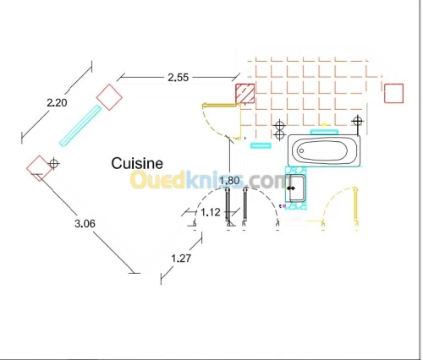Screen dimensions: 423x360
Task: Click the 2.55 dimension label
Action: pos(178,77)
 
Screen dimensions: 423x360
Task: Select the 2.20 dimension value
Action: pos(57,102)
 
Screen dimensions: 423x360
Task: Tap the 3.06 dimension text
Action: pos(85,224)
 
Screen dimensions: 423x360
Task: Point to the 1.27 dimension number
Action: pos(181,258)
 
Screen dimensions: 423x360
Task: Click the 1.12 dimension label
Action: pos(211,212)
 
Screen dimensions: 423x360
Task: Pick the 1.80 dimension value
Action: pos(229,180)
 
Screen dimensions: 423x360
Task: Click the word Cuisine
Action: pos(137,163)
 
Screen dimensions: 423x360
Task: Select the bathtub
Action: pos(324,150)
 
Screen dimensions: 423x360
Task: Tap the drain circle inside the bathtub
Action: pos(301,150)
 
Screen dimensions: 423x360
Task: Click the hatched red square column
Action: pos(245,93)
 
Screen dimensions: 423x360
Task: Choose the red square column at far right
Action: pos(393,93)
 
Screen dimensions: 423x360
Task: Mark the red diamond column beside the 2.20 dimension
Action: pos(109,97)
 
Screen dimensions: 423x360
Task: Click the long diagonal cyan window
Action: pos(80,126)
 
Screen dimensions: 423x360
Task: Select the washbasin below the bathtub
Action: pos(295,188)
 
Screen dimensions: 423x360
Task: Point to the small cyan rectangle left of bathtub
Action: pos(261,145)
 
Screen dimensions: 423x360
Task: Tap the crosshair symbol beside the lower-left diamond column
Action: pos(54,163)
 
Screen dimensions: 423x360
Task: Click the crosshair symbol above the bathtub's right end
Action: pos(357,122)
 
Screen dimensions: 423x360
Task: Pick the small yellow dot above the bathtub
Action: pos(324,124)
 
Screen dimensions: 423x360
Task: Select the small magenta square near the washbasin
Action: pos(284,206)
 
